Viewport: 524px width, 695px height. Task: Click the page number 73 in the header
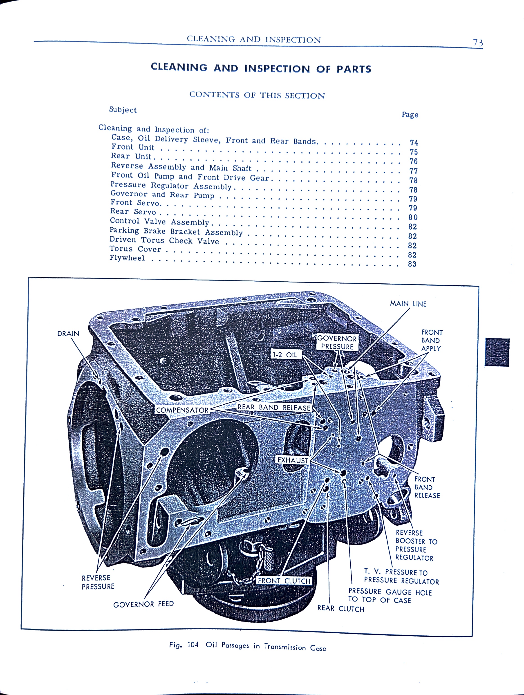click(478, 43)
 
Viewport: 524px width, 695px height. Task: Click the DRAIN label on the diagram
click(68, 333)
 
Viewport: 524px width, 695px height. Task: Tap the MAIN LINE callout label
click(408, 303)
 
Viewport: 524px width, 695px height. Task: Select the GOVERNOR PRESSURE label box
click(337, 342)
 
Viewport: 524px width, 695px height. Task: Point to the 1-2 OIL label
click(286, 354)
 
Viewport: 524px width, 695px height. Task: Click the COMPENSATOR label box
click(182, 410)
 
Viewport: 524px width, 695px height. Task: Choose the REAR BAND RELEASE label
click(274, 408)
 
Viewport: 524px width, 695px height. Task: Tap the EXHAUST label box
click(292, 460)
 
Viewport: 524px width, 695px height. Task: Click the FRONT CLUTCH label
click(284, 581)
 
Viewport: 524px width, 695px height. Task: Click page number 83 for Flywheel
click(412, 264)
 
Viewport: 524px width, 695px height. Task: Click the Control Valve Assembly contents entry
click(160, 222)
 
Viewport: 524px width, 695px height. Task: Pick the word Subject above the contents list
click(123, 110)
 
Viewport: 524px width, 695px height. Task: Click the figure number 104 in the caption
click(193, 645)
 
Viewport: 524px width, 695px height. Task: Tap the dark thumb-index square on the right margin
click(497, 352)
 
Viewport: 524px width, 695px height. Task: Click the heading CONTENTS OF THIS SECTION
click(257, 95)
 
